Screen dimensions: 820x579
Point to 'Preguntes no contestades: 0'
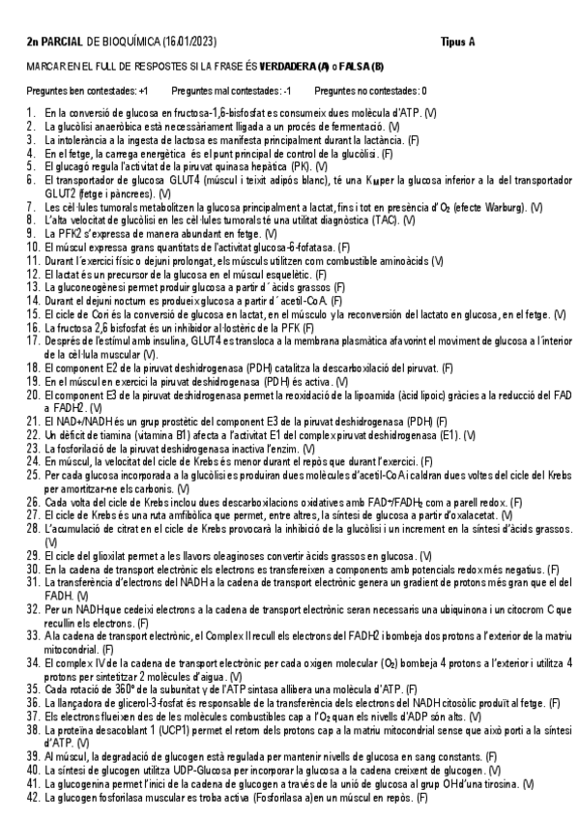pos(371,90)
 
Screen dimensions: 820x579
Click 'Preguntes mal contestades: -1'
pos(230,90)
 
